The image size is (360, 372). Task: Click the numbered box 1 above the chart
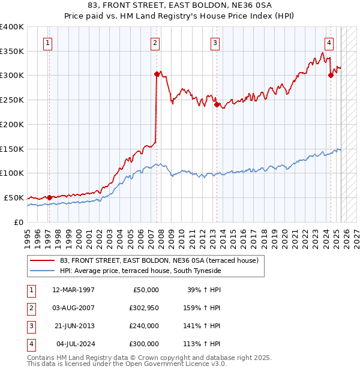47,43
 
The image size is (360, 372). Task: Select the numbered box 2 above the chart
155,43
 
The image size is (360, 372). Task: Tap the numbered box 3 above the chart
215,43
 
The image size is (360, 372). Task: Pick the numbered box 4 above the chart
329,43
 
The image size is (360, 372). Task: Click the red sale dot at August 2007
157,74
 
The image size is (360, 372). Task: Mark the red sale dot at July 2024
331,76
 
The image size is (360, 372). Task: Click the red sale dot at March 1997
49,197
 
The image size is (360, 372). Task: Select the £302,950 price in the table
143,307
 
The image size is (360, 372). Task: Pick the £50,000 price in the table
145,289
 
